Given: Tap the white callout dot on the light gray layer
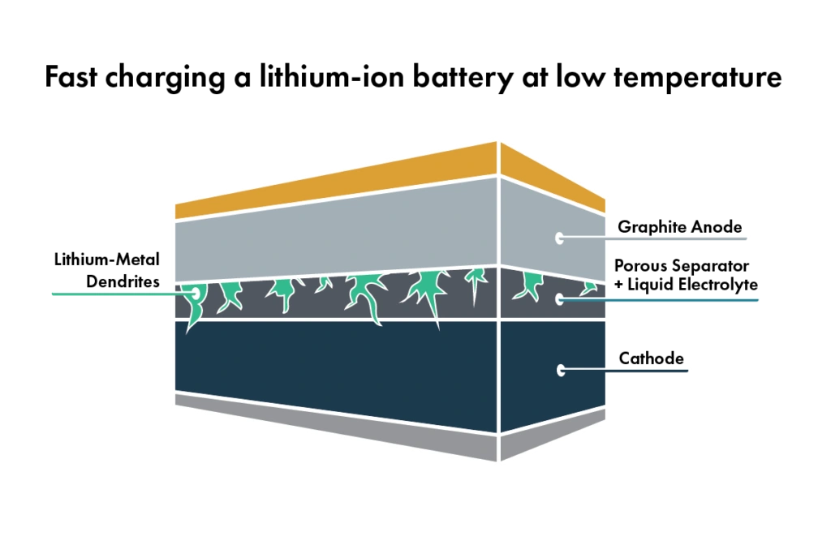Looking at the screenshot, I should point(560,238).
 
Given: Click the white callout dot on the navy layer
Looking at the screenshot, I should point(561,370).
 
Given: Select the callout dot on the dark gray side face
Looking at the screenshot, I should point(560,299).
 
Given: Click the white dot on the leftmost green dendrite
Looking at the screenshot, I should point(195,292).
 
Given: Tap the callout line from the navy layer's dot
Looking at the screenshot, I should point(629,370).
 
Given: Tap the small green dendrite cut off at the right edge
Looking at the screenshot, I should point(590,288).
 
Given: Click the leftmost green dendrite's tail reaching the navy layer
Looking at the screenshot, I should point(192,323).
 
